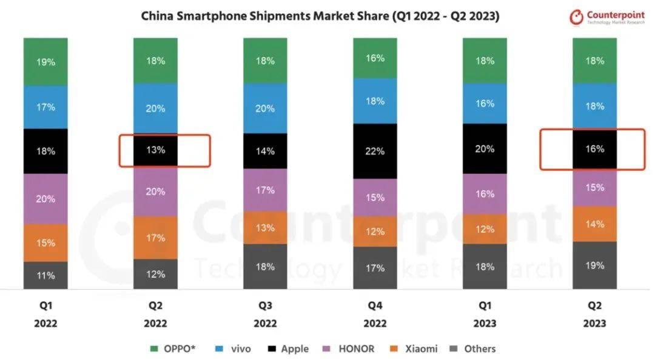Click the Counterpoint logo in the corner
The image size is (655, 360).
[x=608, y=17]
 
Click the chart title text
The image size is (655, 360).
[x=320, y=16]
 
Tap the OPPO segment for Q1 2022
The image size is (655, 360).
[x=45, y=61]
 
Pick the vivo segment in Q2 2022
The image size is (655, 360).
[x=156, y=108]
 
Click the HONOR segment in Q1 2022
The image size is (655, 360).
[x=45, y=199]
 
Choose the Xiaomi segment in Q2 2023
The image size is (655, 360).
[x=595, y=224]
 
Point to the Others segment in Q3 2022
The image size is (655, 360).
[x=265, y=267]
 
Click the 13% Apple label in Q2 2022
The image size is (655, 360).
[x=156, y=150]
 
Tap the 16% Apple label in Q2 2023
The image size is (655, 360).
[x=595, y=148]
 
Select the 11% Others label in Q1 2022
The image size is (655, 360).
[x=45, y=275]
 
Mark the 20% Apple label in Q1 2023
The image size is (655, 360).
[x=485, y=148]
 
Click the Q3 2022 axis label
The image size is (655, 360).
[x=265, y=315]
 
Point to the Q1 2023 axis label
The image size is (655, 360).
[x=485, y=315]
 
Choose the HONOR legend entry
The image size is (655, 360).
[x=349, y=348]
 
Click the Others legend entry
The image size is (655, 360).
[x=474, y=348]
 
